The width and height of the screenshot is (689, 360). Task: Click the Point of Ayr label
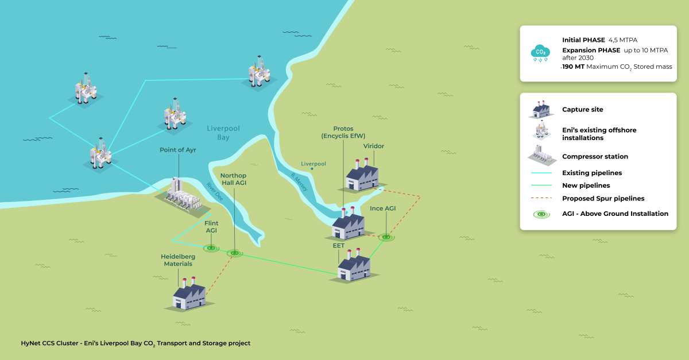[x=179, y=150]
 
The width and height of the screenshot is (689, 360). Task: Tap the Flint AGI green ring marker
[x=212, y=248]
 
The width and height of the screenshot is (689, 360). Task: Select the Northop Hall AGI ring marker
[x=234, y=253]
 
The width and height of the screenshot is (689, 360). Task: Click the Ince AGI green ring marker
[x=387, y=237]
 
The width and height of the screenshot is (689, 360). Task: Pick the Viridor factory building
[x=362, y=175]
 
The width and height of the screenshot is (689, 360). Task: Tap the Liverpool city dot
[x=312, y=169]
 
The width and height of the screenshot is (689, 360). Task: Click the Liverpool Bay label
[x=223, y=133]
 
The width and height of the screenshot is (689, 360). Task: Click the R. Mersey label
[x=299, y=182]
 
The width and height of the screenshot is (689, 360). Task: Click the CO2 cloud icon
[x=540, y=53]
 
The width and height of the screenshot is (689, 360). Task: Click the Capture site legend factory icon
[x=541, y=109]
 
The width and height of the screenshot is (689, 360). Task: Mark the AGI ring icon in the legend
[x=541, y=214]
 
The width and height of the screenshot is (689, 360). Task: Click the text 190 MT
[x=575, y=67]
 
